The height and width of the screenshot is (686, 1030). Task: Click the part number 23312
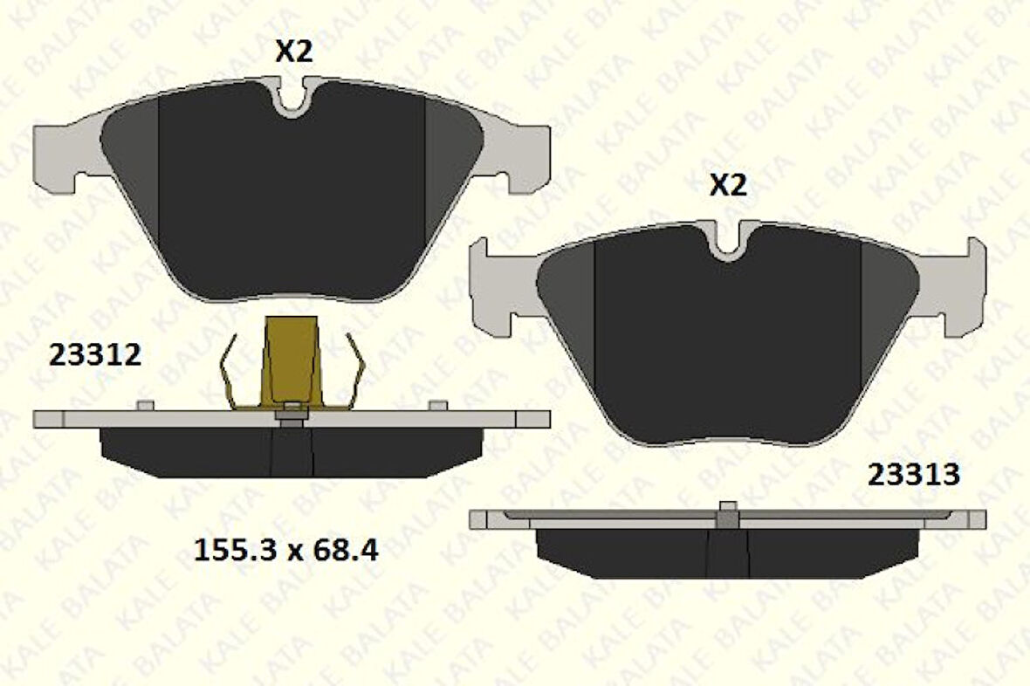pos(95,355)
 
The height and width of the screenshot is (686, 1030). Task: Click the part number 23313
pos(913,475)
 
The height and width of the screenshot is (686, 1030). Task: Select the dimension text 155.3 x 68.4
pos(285,551)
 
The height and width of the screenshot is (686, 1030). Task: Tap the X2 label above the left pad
pos(293,52)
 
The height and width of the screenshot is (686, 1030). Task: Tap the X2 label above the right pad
pos(728,186)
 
